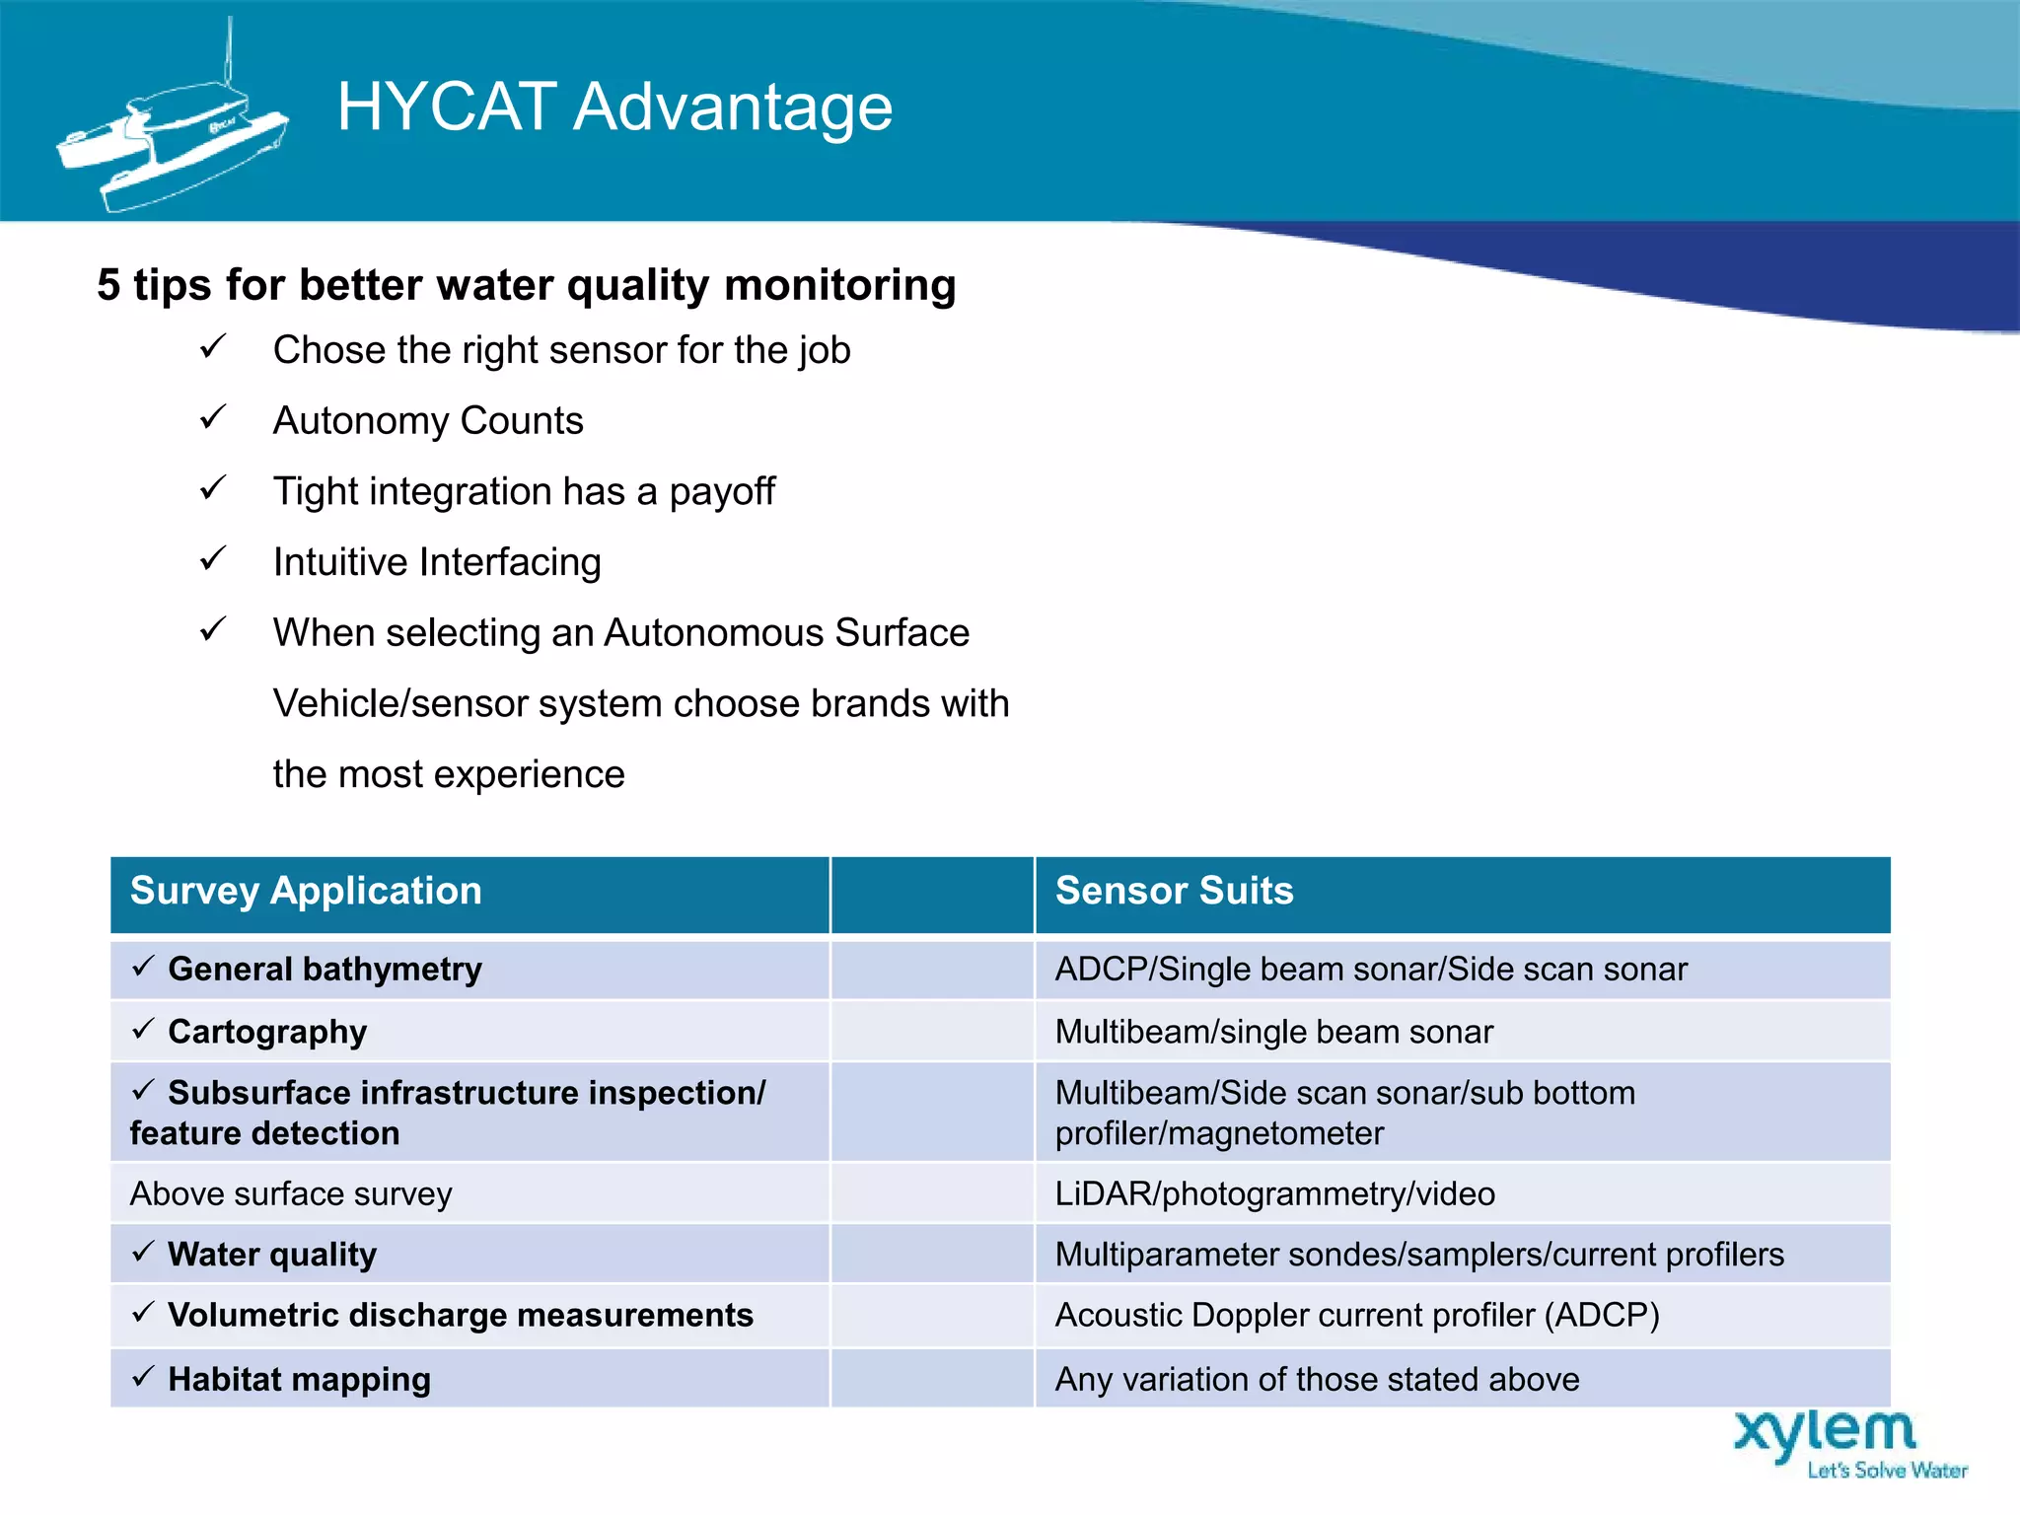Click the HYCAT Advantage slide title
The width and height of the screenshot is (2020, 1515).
tap(614, 107)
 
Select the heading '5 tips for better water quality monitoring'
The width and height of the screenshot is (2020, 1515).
tap(527, 285)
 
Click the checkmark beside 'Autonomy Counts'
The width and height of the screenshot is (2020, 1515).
tap(213, 418)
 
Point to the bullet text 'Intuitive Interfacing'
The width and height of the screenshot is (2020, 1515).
tap(437, 562)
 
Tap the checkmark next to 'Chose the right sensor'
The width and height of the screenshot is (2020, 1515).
tap(213, 347)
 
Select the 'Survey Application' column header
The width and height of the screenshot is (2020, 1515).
tap(306, 891)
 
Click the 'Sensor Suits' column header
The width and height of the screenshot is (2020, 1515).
tap(1174, 891)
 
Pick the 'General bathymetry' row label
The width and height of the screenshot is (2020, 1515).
tap(325, 970)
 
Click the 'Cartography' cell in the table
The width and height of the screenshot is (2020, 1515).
tap(267, 1032)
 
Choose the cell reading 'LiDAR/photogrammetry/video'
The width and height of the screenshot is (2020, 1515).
tap(1274, 1194)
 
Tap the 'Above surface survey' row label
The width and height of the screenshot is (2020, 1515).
tap(291, 1194)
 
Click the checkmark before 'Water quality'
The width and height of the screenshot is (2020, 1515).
tap(143, 1253)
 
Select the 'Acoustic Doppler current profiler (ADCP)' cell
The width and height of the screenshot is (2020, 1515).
tap(1357, 1316)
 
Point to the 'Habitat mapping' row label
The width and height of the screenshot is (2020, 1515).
tap(299, 1379)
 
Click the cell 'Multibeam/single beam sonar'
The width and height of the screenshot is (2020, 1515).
tap(1273, 1032)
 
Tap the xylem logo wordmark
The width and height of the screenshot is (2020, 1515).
tap(1825, 1433)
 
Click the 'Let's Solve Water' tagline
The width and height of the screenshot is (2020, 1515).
tap(1887, 1471)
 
